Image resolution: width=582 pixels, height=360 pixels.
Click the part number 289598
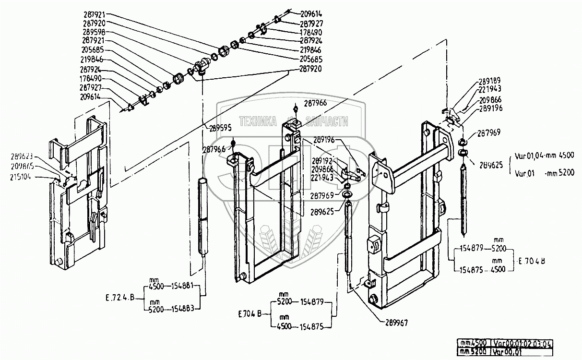point(94,32)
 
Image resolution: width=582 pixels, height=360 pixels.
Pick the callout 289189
point(489,81)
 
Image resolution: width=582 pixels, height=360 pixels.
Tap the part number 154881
point(183,286)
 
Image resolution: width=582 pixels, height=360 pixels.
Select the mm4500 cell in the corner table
point(474,343)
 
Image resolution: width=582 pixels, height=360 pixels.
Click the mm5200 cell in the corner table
point(474,351)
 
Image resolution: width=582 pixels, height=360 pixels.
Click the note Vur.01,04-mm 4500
point(544,155)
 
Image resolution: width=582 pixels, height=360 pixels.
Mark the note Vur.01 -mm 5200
point(544,172)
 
